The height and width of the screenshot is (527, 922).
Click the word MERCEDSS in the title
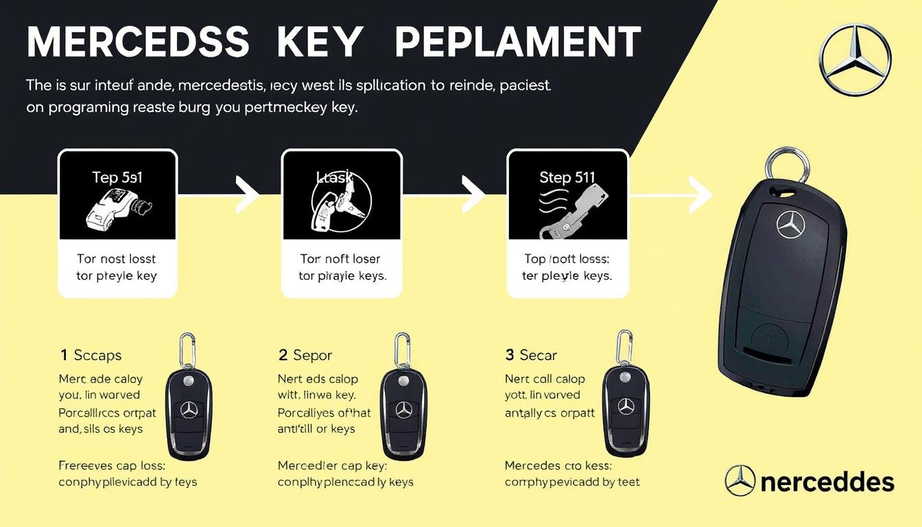pyautogui.click(x=138, y=43)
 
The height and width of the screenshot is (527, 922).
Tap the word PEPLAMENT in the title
pyautogui.click(x=518, y=43)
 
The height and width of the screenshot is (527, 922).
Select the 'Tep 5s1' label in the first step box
pyautogui.click(x=117, y=177)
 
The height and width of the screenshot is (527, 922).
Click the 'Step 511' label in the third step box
pyautogui.click(x=567, y=177)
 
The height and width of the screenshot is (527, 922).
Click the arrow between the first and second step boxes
pyautogui.click(x=247, y=195)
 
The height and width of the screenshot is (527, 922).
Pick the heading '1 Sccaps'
pyautogui.click(x=91, y=355)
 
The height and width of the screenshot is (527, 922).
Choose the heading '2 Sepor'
pyautogui.click(x=305, y=355)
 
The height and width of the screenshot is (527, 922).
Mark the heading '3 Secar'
pyautogui.click(x=530, y=355)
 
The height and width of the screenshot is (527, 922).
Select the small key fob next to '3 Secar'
pyautogui.click(x=626, y=405)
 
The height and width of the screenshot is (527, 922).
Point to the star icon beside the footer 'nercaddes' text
pyautogui.click(x=740, y=480)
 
